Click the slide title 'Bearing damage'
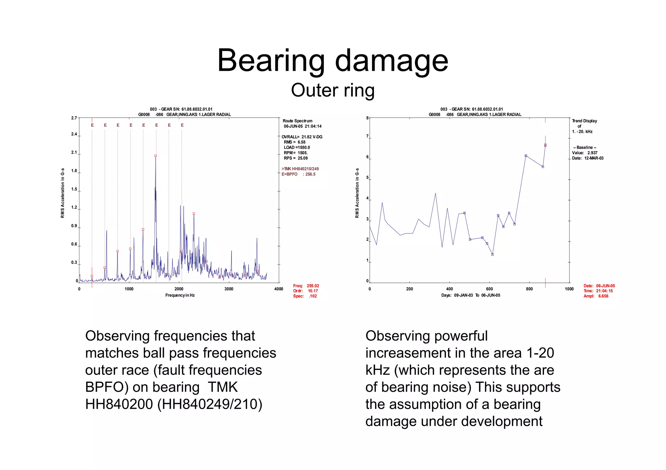pyautogui.click(x=333, y=61)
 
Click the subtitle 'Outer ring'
pyautogui.click(x=333, y=90)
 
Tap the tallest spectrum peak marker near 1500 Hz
pyautogui.click(x=155, y=156)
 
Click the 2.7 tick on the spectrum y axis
pyautogui.click(x=74, y=118)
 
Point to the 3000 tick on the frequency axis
pyautogui.click(x=229, y=289)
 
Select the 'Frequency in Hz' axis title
pyautogui.click(x=180, y=295)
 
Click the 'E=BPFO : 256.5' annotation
pyautogui.click(x=299, y=174)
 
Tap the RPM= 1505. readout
pyautogui.click(x=296, y=153)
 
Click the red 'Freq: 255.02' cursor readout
pyautogui.click(x=306, y=286)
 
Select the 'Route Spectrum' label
pyautogui.click(x=298, y=121)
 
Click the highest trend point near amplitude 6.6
pyautogui.click(x=545, y=145)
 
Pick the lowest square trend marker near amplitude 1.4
pyautogui.click(x=492, y=255)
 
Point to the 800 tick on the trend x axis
pyautogui.click(x=529, y=289)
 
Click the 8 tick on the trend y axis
pyautogui.click(x=367, y=118)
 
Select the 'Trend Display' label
pyautogui.click(x=584, y=121)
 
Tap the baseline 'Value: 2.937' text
pyautogui.click(x=585, y=153)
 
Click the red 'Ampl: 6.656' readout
pyautogui.click(x=596, y=296)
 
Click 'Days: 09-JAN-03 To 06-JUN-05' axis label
pyautogui.click(x=471, y=295)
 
